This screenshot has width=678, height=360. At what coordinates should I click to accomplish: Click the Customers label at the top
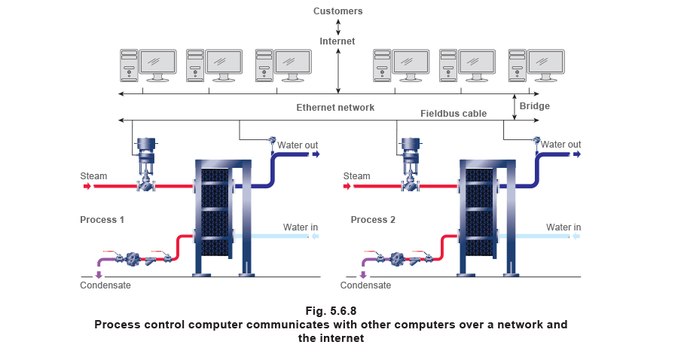(337, 12)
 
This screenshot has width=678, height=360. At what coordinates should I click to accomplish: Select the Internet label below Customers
(337, 41)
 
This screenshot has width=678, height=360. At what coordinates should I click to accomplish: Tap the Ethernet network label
(334, 108)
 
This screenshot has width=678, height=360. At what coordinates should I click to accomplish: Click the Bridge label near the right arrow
(534, 106)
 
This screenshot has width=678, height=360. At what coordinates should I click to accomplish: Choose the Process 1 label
(102, 219)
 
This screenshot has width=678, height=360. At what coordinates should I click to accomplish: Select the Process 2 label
(373, 219)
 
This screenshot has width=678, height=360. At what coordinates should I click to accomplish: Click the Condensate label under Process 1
(105, 285)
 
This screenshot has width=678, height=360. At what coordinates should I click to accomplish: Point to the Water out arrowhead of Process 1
(316, 154)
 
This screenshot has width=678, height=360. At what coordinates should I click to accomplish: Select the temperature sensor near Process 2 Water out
(536, 141)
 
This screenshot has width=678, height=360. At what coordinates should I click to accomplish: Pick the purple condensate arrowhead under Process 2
(365, 275)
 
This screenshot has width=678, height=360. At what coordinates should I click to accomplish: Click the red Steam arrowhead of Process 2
(347, 185)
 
